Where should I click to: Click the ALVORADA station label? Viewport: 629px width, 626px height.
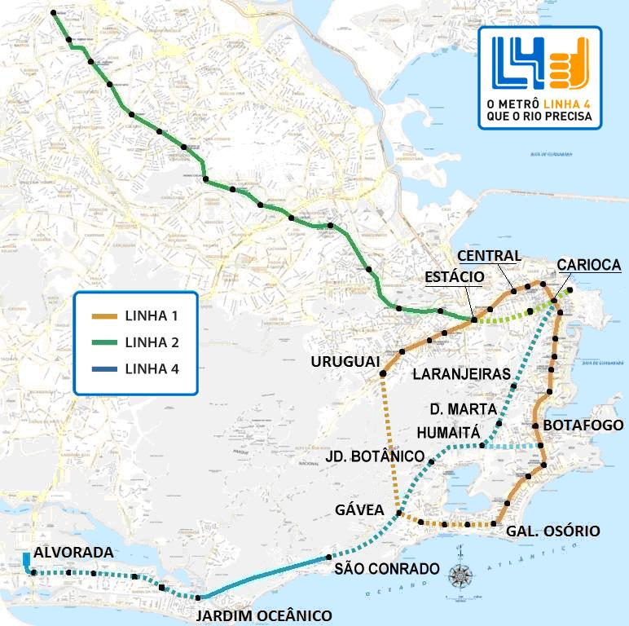[x=73, y=553]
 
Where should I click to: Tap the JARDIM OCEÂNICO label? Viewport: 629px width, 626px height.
[x=264, y=615]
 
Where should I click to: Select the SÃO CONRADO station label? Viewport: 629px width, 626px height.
[x=387, y=568]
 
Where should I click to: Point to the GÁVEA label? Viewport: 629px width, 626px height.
[x=359, y=510]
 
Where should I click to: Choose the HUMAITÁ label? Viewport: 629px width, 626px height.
[x=449, y=431]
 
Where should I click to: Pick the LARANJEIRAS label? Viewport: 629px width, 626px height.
[x=462, y=374]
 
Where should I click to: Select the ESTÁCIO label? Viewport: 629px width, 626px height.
[x=455, y=277]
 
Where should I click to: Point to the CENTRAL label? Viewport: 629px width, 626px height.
[x=489, y=256]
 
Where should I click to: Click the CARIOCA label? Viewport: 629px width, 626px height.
[x=589, y=266]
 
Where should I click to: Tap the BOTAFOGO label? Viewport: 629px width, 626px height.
[x=583, y=425]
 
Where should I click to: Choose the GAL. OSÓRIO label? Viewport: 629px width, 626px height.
[x=553, y=531]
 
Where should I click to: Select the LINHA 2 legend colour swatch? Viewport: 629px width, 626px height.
[x=103, y=342]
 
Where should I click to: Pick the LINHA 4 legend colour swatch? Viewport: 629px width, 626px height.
[x=103, y=368]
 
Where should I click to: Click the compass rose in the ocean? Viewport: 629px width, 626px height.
[x=463, y=575]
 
